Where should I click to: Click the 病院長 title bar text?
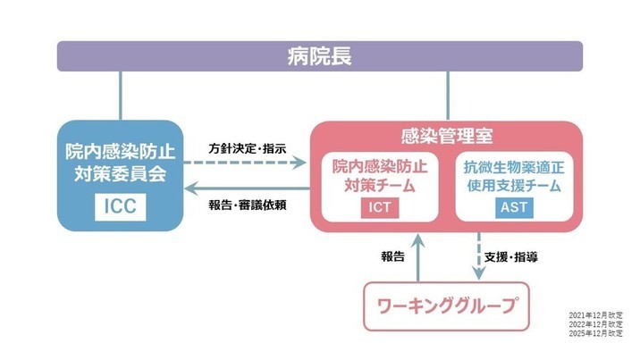pyautogui.click(x=320, y=56)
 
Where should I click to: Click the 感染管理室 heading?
pyautogui.click(x=446, y=138)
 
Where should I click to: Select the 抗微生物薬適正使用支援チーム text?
pyautogui.click(x=512, y=176)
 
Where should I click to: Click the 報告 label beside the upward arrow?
pyautogui.click(x=393, y=256)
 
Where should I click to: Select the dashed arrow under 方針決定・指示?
pyautogui.click(x=247, y=164)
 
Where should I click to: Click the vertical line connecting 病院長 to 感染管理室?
pyautogui.click(x=447, y=96)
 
